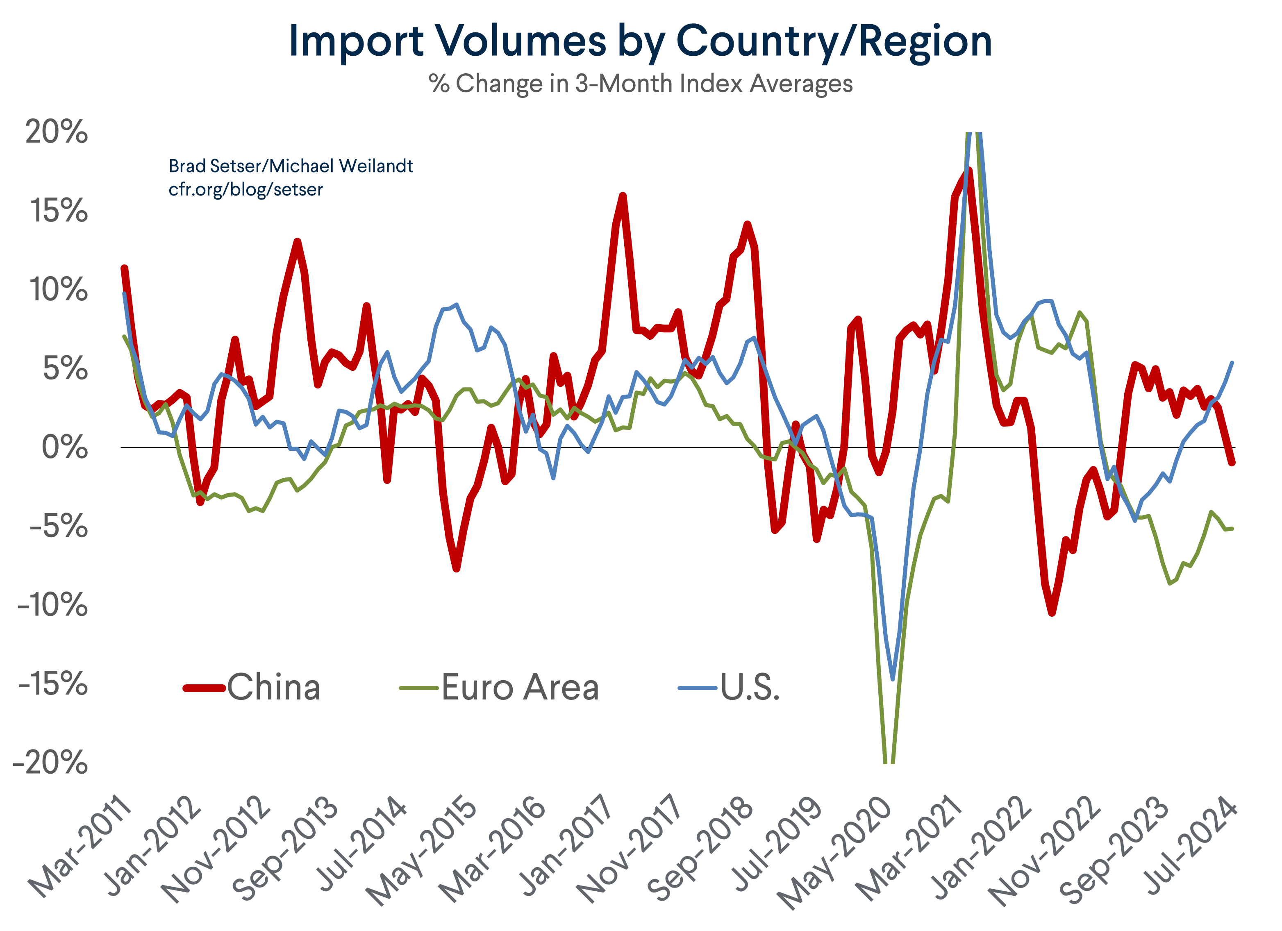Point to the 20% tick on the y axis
57,132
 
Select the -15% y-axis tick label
53,684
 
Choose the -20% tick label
51,763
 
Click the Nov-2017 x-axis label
630,848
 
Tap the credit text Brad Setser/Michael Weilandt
291,166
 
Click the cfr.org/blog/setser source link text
245,189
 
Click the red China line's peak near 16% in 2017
622,195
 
